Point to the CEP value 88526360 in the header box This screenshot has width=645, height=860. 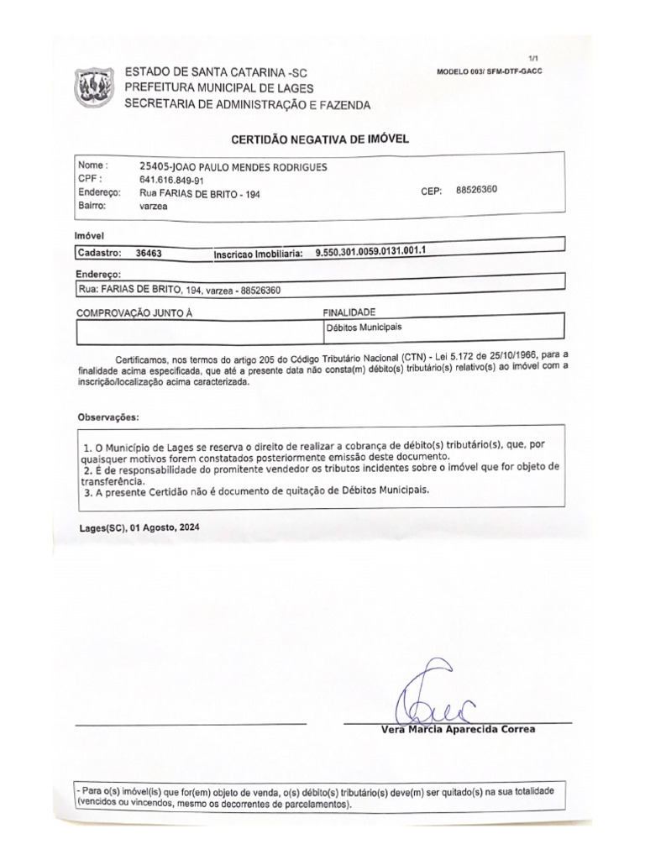[x=476, y=190]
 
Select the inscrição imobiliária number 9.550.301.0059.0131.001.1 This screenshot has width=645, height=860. [x=378, y=251]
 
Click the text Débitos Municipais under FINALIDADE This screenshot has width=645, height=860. [x=357, y=328]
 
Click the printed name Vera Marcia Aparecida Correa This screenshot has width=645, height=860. [x=458, y=729]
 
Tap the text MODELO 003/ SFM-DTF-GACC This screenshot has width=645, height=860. [x=490, y=71]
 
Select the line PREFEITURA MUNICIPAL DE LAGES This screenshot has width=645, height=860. [x=218, y=88]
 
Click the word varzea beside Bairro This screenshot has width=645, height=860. [x=155, y=204]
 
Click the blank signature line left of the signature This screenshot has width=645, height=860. [x=191, y=722]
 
